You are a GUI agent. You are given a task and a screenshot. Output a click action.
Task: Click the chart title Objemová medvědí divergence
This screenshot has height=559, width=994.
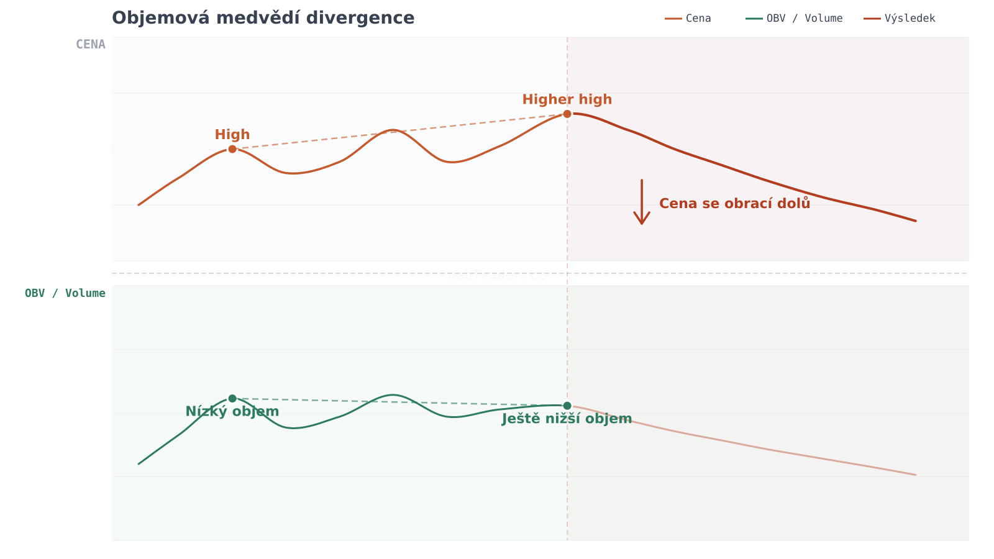[263, 18]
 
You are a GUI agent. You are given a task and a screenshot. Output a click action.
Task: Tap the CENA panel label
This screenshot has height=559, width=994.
[91, 45]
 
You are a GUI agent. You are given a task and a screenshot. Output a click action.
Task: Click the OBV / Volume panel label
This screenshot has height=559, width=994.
[65, 293]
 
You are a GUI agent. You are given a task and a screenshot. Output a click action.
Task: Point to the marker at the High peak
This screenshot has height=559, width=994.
[232, 149]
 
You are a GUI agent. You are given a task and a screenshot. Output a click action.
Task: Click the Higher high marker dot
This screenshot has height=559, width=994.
[567, 114]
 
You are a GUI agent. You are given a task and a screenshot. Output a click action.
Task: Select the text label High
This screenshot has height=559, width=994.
[232, 135]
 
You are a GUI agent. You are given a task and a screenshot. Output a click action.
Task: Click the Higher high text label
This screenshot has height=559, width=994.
[567, 99]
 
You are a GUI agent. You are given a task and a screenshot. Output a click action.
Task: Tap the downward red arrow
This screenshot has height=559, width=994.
[642, 202]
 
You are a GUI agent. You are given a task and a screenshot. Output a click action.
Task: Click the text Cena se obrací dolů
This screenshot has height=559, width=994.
[734, 204]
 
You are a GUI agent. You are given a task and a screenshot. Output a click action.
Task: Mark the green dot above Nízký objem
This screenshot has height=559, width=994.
[232, 398]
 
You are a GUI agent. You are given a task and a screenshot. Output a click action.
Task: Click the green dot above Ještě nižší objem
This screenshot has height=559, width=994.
[567, 406]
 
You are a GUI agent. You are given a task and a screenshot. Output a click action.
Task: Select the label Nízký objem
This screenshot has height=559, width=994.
[232, 412]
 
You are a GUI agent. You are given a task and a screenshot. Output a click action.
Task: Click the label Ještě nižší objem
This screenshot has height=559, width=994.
[567, 419]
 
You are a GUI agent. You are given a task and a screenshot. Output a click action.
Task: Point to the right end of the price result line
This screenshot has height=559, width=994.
[916, 220]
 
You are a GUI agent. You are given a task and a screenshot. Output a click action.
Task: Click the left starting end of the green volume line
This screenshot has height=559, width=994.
[139, 463]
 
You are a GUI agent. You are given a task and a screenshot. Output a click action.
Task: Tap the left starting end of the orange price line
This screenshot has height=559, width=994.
[139, 204]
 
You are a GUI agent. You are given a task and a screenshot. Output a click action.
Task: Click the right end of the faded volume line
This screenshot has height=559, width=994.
[916, 475]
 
